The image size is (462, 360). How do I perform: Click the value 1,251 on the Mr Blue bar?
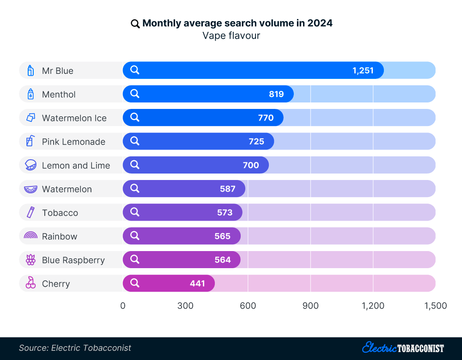click(363, 71)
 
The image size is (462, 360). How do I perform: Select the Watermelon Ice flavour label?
click(74, 118)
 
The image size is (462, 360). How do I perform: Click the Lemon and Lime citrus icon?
click(30, 165)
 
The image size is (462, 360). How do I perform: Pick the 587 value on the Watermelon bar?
click(228, 189)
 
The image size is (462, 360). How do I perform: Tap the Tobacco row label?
click(60, 213)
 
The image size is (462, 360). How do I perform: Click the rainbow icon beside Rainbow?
click(30, 236)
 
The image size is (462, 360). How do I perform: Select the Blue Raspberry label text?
click(73, 260)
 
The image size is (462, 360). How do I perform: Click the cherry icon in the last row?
click(30, 283)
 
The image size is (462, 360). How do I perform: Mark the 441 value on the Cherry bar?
click(197, 283)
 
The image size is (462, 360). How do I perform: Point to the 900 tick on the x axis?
click(310, 306)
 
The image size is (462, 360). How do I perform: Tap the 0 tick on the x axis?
click(123, 306)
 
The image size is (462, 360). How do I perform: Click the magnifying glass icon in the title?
click(135, 24)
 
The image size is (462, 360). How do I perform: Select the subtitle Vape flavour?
click(231, 36)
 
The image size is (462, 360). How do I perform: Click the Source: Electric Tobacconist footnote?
click(75, 348)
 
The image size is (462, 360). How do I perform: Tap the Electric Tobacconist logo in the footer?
click(403, 348)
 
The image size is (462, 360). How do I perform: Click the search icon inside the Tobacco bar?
click(135, 212)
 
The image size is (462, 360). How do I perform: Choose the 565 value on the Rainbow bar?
click(222, 236)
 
